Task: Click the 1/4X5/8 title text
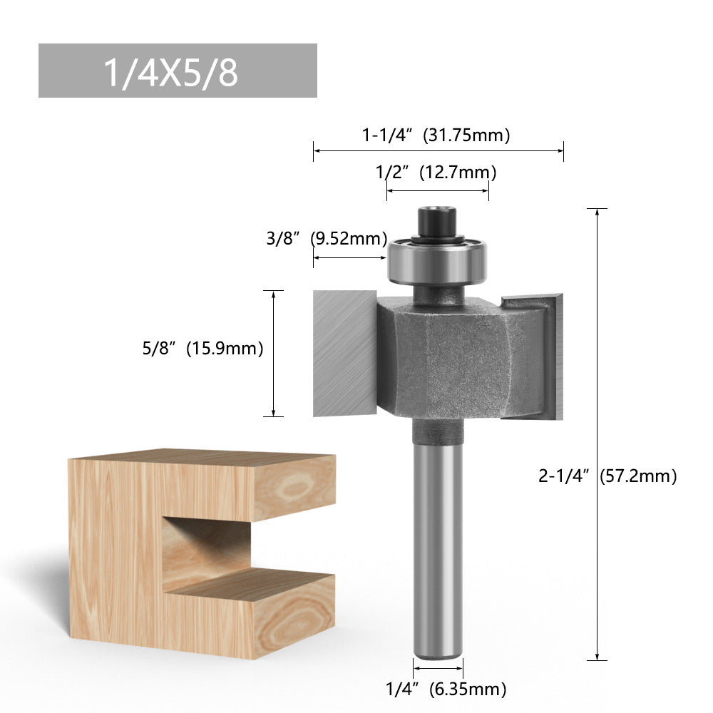[171, 72]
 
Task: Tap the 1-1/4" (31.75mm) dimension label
[436, 135]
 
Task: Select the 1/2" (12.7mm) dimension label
[436, 173]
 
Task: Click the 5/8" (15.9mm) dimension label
[202, 349]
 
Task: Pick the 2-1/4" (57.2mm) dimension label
[607, 476]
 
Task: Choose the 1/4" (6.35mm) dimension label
[446, 689]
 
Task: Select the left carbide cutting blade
[344, 353]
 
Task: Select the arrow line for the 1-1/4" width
[438, 150]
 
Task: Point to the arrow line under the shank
[438, 668]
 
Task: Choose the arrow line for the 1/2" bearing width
[438, 190]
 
